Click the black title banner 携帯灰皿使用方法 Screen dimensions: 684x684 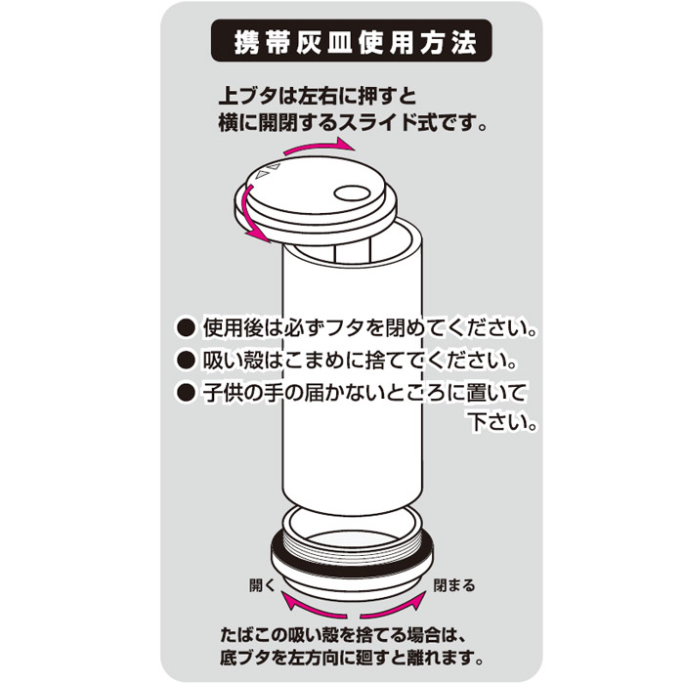[352, 41]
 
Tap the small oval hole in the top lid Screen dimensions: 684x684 [354, 192]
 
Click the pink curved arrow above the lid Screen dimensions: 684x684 [320, 146]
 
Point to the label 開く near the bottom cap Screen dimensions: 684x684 [263, 585]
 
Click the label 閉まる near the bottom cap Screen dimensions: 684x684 [454, 585]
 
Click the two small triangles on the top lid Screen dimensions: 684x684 [268, 171]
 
